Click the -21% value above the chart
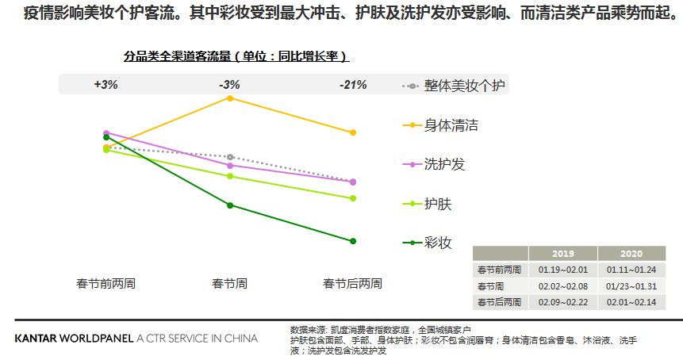pos(353,85)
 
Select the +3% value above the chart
pos(106,85)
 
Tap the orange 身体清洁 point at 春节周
pos(230,98)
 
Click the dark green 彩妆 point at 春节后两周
pos(353,241)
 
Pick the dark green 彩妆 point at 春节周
pos(230,205)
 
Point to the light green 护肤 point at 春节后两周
pos(353,198)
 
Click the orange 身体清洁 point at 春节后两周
pos(353,132)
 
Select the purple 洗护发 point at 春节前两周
pos(106,133)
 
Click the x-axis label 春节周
pos(230,283)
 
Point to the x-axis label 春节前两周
pos(106,283)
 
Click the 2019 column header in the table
pos(562,254)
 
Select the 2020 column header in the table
pos(631,254)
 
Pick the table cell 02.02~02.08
pos(562,285)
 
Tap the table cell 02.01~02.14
pos(631,302)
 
